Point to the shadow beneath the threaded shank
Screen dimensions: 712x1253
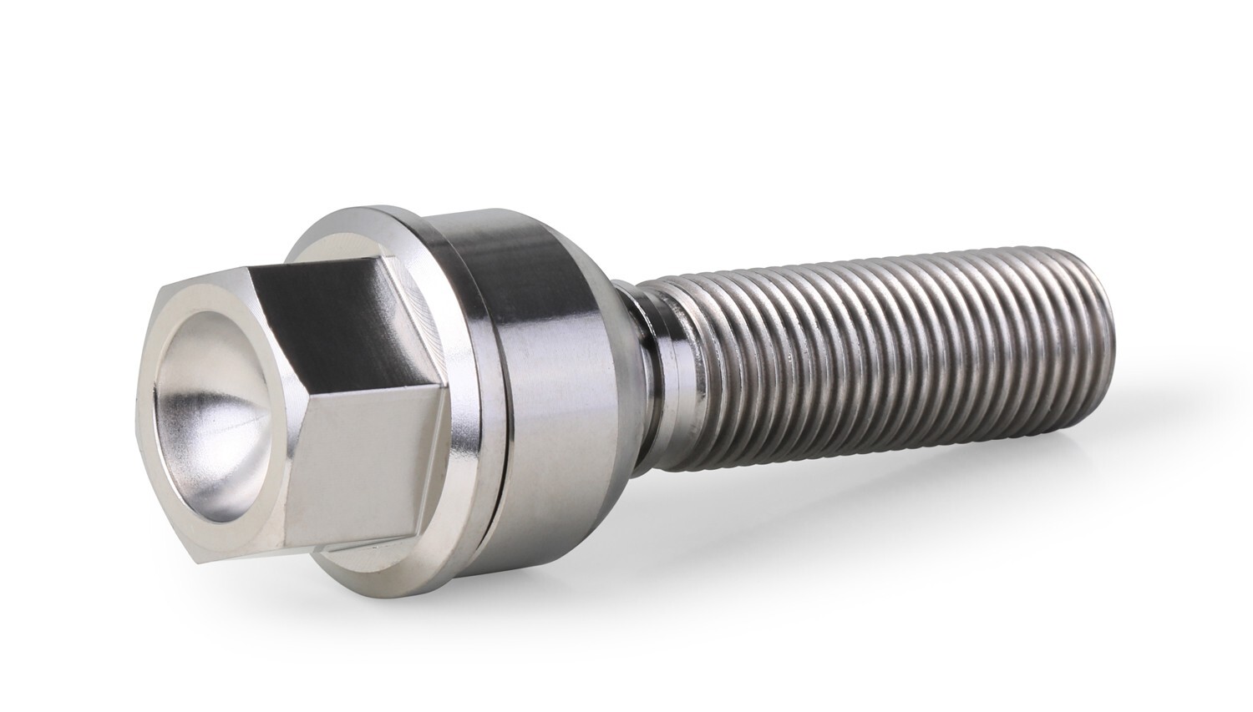click(919, 467)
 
